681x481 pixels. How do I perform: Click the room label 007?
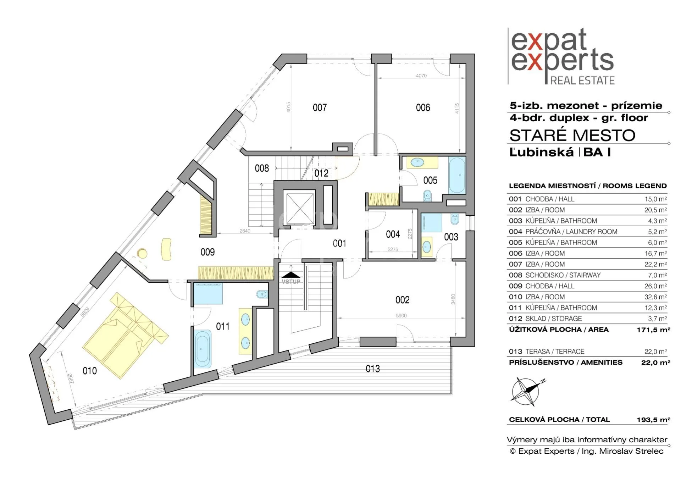pyautogui.click(x=320, y=107)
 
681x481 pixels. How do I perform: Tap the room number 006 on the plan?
pyautogui.click(x=423, y=107)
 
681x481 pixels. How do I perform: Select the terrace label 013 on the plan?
pyautogui.click(x=373, y=369)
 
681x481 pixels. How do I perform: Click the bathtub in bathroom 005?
pyautogui.click(x=457, y=176)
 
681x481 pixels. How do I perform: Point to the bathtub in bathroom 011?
pyautogui.click(x=203, y=349)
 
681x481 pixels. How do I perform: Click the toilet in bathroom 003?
pyautogui.click(x=454, y=220)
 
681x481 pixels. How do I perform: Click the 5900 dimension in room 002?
pyautogui.click(x=401, y=315)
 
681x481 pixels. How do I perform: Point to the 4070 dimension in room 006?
pyautogui.click(x=421, y=76)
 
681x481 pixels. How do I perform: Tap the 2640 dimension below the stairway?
pyautogui.click(x=245, y=231)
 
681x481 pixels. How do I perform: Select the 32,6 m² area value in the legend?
pyautogui.click(x=656, y=297)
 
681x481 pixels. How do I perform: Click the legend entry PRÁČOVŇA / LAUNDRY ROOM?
pyautogui.click(x=571, y=232)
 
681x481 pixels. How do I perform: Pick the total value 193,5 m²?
pyautogui.click(x=653, y=420)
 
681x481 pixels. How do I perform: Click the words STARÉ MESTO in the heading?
pyautogui.click(x=572, y=135)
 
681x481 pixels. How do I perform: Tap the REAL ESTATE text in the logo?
pyautogui.click(x=582, y=81)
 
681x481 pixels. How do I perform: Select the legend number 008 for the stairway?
pyautogui.click(x=515, y=275)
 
